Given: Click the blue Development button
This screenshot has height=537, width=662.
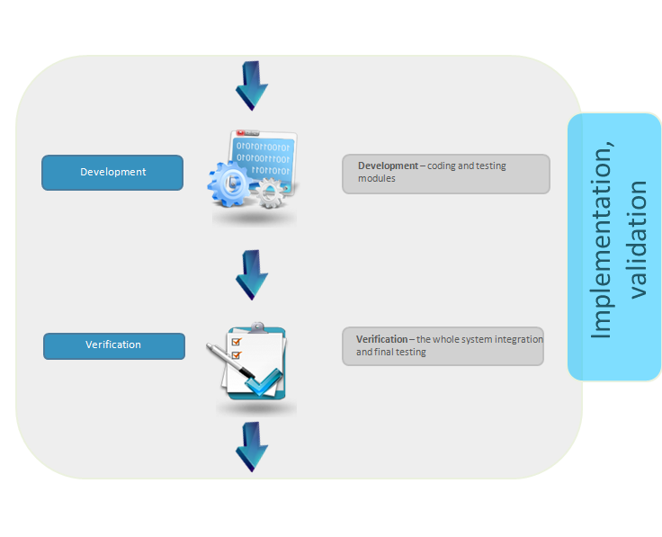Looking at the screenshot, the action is click(112, 172).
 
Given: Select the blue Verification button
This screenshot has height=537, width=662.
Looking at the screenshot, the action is click(114, 346).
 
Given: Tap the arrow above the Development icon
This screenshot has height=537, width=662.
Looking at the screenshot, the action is click(252, 85).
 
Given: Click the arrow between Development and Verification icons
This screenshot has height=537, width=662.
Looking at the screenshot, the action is click(252, 275).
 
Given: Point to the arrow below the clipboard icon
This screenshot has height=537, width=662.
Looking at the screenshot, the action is click(252, 447).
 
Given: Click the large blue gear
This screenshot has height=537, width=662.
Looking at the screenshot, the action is click(229, 183).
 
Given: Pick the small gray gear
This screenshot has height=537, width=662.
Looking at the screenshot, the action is click(271, 192).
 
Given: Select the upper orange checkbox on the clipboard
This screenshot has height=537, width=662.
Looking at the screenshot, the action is click(237, 341).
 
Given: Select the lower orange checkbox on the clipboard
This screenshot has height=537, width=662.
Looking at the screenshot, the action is click(237, 355).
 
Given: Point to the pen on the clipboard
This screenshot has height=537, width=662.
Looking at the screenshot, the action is click(230, 361).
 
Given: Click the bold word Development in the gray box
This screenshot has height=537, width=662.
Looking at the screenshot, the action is click(388, 166).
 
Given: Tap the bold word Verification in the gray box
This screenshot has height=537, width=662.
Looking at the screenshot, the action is click(381, 339).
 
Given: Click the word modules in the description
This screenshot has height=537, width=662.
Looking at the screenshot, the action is click(377, 178).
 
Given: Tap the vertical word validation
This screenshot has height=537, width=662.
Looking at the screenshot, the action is click(638, 239).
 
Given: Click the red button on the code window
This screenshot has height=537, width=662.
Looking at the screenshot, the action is click(241, 133).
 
